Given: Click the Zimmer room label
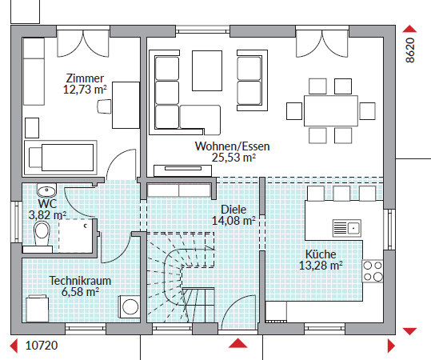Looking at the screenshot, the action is click(x=85, y=78).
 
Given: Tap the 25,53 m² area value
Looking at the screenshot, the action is click(x=233, y=158).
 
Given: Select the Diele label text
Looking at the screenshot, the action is click(x=233, y=210).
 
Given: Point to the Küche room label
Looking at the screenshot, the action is click(x=321, y=254).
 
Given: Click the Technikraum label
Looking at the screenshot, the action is click(x=80, y=281).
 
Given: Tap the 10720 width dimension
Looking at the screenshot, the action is click(x=42, y=346).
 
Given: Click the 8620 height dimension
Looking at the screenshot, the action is click(x=410, y=50).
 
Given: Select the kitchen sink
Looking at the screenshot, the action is click(x=346, y=228).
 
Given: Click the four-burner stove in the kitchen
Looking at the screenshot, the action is click(x=373, y=271).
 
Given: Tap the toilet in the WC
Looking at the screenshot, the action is click(x=42, y=234).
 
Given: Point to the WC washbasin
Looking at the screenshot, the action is click(x=46, y=190).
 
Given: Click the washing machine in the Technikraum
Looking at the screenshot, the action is click(x=130, y=306).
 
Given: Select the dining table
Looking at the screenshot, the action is click(x=331, y=111).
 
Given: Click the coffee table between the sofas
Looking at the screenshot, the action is click(x=207, y=70).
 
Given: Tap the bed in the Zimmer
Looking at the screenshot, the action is click(x=61, y=158).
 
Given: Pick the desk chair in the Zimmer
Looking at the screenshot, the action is click(x=104, y=106).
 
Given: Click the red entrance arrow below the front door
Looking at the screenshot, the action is click(x=238, y=343).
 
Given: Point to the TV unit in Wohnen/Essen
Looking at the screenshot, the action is click(x=183, y=170).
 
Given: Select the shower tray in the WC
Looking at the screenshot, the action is click(x=76, y=236).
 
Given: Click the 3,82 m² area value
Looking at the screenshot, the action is click(x=47, y=215).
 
